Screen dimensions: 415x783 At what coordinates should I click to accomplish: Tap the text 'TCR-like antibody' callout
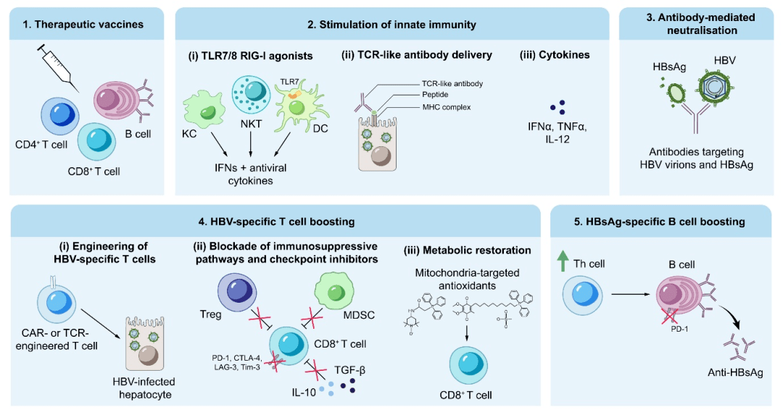click(451, 84)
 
